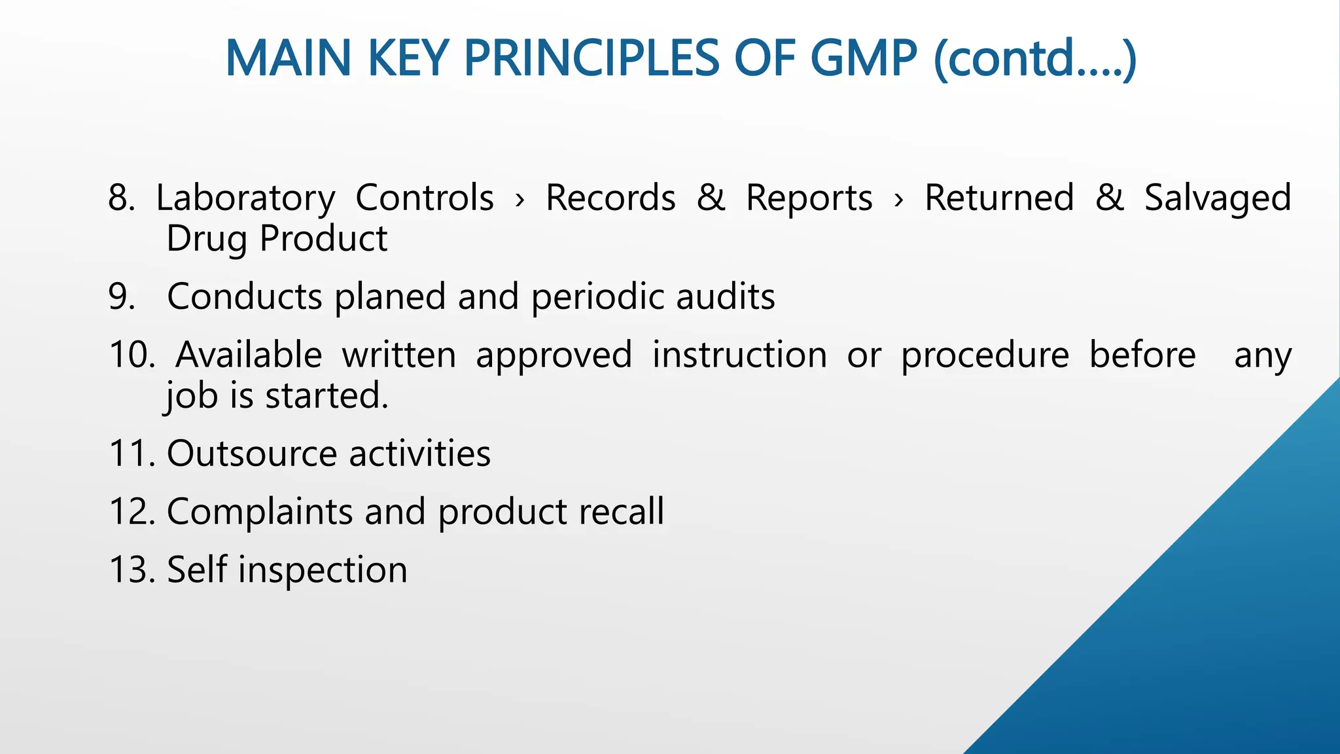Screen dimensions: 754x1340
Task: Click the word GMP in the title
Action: click(864, 58)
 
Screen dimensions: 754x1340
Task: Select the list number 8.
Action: click(121, 198)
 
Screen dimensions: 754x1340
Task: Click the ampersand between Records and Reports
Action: click(711, 198)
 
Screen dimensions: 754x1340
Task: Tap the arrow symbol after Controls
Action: click(520, 200)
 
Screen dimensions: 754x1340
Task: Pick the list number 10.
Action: click(132, 355)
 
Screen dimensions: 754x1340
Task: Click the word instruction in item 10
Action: click(739, 355)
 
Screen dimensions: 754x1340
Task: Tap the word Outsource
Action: click(252, 454)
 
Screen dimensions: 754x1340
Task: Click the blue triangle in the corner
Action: click(1210, 622)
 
